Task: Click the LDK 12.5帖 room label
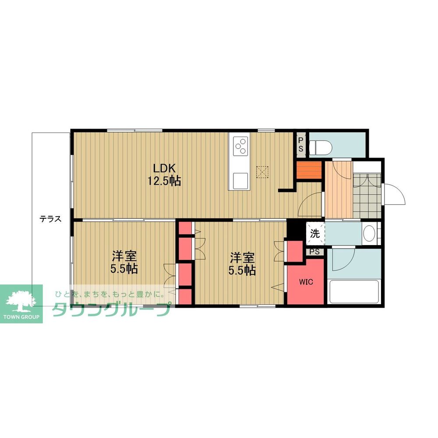pos(164,175)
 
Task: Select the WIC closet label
pos(306,282)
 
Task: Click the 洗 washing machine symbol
pos(315,233)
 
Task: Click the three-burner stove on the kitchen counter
pos(240,146)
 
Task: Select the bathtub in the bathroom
pos(353,292)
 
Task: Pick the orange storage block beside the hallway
pos(309,170)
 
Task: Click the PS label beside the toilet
pos(301,144)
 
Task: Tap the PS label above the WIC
pos(314,252)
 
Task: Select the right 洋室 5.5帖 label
pos(242,264)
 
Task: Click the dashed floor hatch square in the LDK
pos(262,172)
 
